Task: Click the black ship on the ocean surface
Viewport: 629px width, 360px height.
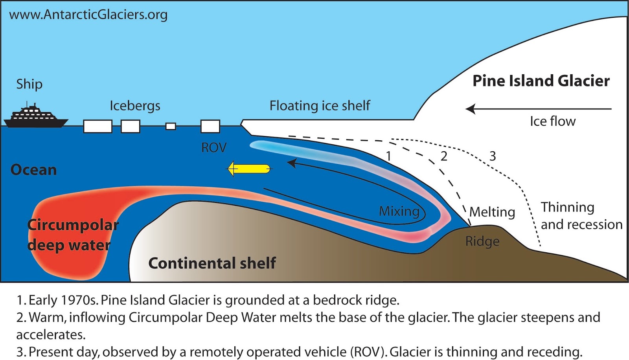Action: click(x=35, y=118)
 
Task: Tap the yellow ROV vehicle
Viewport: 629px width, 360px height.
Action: click(x=250, y=169)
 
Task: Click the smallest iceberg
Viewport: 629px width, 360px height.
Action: click(x=171, y=126)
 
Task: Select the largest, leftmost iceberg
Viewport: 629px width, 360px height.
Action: click(x=97, y=127)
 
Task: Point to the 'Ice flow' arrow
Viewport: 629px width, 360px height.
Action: click(x=539, y=109)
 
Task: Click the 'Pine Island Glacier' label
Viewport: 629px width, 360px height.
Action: click(x=541, y=81)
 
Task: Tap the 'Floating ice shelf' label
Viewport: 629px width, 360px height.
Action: click(x=320, y=105)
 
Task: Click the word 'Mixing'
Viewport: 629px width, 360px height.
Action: click(x=399, y=211)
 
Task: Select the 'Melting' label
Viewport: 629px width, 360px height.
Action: click(x=492, y=212)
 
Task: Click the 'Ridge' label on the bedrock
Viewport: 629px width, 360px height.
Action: click(x=482, y=241)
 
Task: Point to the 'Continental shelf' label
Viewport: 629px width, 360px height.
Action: click(x=212, y=263)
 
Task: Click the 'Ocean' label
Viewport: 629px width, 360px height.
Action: click(x=33, y=170)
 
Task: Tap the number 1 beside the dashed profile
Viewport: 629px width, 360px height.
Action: click(x=388, y=156)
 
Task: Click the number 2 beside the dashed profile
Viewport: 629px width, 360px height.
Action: click(x=444, y=156)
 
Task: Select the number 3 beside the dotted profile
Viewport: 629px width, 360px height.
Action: click(x=493, y=156)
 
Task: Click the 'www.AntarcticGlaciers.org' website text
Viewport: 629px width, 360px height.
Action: click(x=88, y=15)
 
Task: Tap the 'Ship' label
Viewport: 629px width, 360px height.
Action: click(x=29, y=84)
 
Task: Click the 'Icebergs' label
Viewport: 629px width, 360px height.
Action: click(x=135, y=106)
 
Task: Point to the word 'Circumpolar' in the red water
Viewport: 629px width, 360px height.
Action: click(x=73, y=225)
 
